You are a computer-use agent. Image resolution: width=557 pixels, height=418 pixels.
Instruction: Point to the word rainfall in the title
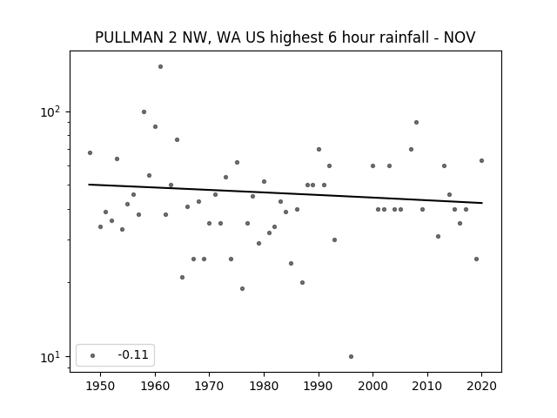point(404,37)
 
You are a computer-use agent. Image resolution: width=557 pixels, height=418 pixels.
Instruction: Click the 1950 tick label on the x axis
point(101,386)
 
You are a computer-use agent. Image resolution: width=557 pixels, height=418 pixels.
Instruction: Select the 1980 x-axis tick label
point(264,386)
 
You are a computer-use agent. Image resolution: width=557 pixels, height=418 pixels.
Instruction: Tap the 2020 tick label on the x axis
point(481,386)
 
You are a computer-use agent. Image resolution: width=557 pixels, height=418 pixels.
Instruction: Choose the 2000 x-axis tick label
point(373,386)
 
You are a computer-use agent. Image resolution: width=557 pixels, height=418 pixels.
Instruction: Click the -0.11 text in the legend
point(133,354)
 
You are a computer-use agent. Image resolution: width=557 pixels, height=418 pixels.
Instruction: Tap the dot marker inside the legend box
point(93,355)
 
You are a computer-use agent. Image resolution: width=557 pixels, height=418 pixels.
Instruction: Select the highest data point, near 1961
point(160,66)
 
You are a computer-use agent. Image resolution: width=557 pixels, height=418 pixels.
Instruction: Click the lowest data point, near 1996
point(351,356)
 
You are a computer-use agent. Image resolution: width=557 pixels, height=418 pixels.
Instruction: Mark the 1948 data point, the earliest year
point(90,153)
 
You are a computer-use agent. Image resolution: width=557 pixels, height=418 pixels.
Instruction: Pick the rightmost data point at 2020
point(481,160)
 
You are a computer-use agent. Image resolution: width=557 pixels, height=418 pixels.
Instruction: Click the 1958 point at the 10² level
point(144,112)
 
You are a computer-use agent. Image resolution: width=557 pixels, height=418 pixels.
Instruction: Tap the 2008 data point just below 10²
point(416,122)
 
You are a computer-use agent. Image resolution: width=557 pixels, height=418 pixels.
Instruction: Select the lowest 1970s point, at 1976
point(242,288)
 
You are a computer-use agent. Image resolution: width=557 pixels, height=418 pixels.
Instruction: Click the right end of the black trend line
point(482,203)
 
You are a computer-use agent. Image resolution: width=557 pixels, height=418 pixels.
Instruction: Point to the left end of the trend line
point(89,185)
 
